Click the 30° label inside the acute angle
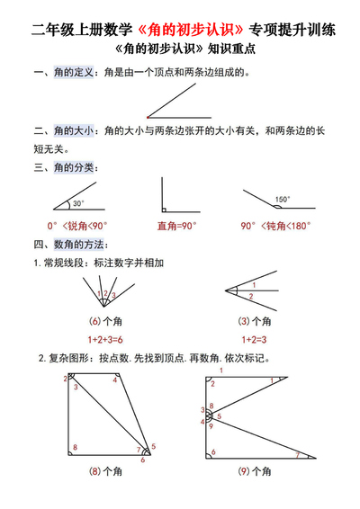pos(79,203)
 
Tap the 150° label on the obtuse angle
pos(283,200)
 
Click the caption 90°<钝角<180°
pos(276,226)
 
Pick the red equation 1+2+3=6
pos(105,339)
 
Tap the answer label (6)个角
pos(105,321)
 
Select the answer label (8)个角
pos(105,470)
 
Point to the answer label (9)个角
pos(256,470)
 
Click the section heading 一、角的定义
pos(65,72)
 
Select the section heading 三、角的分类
pos(65,167)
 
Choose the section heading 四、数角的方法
pos(71,244)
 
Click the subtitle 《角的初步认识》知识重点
pos(180,51)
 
